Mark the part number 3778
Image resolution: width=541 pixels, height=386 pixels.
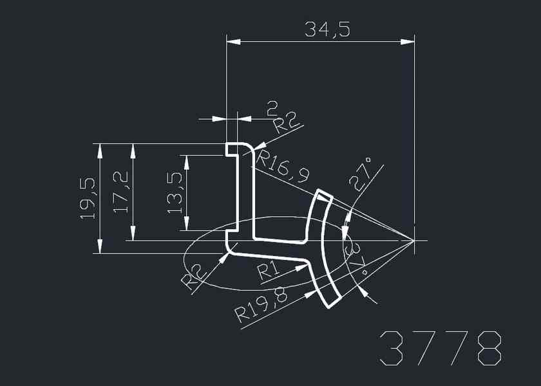(x=441, y=349)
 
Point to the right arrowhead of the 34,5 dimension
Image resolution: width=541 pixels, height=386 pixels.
(x=407, y=42)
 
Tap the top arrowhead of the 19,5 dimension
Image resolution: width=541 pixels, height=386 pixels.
(x=100, y=150)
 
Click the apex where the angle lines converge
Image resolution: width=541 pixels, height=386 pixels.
(x=413, y=241)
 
